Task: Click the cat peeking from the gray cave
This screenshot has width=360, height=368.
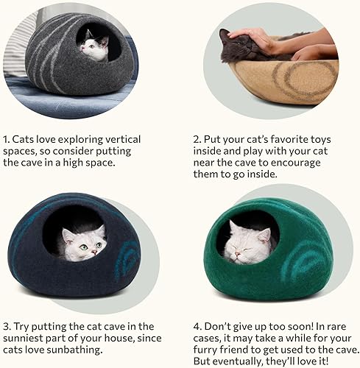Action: [94, 47]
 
